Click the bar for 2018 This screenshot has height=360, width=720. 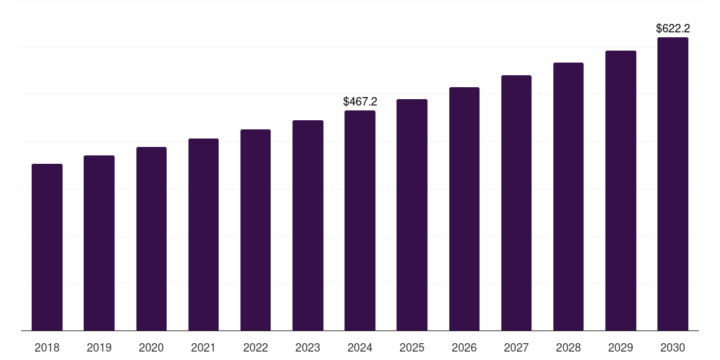[47, 247]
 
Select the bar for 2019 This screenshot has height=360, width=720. [99, 243]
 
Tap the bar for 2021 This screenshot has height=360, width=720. [203, 234]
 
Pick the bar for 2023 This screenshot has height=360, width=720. [308, 225]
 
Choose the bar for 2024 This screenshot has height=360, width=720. [360, 220]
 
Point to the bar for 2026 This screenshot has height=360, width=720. [464, 209]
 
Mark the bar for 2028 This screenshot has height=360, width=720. [568, 196]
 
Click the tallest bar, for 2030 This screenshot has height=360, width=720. [673, 184]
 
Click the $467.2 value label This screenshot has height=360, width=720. [360, 102]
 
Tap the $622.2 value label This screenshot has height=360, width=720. [673, 29]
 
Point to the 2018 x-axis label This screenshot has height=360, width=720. [47, 347]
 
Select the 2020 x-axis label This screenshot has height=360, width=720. [151, 347]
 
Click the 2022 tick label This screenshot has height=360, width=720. [256, 347]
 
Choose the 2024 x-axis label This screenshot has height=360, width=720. [360, 347]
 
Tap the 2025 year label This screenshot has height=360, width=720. [412, 347]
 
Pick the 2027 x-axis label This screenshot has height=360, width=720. [516, 347]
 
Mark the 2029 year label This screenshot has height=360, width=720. [621, 347]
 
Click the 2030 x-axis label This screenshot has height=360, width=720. [673, 347]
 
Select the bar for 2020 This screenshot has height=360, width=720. [151, 238]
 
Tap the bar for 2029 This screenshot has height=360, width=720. [621, 191]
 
